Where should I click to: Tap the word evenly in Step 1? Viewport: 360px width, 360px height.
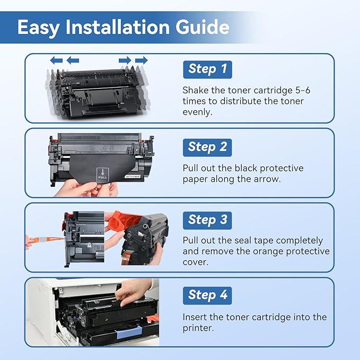tap(197, 112)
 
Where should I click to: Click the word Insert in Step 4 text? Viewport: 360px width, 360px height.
tap(196, 317)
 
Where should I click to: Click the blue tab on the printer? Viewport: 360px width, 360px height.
tap(129, 334)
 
